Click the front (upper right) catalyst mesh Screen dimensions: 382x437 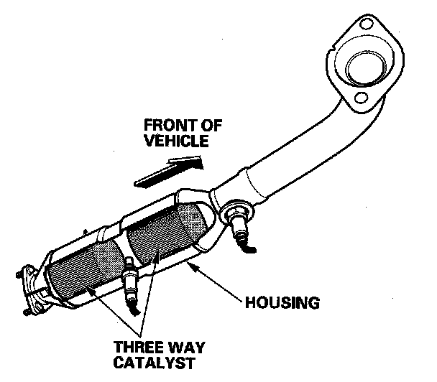pos(164,233)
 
